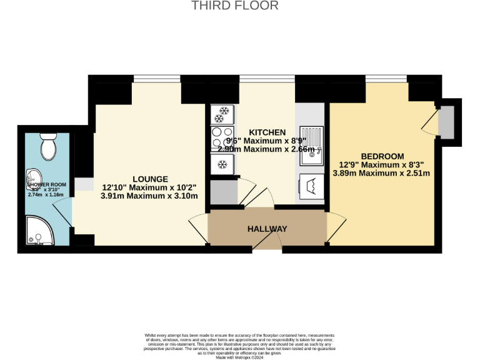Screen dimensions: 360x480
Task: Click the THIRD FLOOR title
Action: point(234,6)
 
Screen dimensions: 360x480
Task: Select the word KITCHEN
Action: point(267,132)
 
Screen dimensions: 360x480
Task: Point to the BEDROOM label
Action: point(382,156)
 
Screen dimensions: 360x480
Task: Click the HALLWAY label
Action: point(267,229)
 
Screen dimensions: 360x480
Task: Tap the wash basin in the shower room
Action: point(33,179)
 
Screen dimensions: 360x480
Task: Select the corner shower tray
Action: point(39,230)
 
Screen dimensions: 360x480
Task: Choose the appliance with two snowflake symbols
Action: point(222,115)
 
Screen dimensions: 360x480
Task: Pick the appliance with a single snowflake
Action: point(222,164)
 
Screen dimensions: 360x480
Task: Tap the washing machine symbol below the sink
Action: point(311,186)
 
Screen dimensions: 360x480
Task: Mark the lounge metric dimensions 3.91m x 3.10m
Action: point(150,196)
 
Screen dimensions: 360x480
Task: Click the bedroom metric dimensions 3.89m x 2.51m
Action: point(381,173)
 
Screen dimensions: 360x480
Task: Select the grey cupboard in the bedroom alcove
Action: point(447,122)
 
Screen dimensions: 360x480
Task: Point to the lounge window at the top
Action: point(157,79)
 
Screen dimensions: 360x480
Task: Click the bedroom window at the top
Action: point(387,79)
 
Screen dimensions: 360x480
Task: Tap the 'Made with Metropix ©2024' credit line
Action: point(239,357)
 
